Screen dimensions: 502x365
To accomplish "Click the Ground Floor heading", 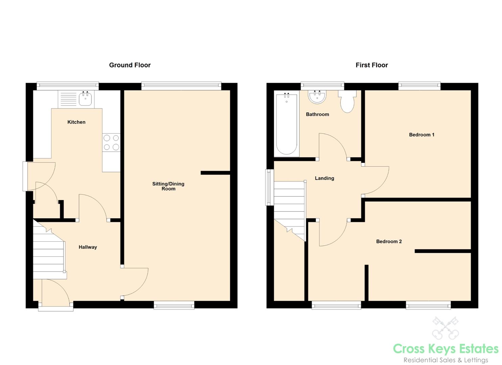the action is point(130,65).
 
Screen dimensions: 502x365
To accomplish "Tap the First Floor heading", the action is point(372,65).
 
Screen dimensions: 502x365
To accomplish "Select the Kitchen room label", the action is point(76,122).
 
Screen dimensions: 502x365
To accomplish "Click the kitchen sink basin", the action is point(85,99).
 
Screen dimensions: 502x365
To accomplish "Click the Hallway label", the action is point(88,247).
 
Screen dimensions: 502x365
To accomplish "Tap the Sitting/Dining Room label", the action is point(168,186).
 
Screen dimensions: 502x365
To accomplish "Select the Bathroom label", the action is point(317,114).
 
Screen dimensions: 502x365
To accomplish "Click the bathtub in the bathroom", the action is point(287,124).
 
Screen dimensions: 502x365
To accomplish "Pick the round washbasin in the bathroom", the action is point(317,97).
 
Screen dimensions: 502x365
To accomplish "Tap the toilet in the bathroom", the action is point(348,101).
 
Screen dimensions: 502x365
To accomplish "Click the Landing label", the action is point(325,178).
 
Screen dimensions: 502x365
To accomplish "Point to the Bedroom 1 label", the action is point(422,135).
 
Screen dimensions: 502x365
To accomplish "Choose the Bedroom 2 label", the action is point(389,241).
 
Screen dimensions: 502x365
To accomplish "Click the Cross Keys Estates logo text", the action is point(446,349).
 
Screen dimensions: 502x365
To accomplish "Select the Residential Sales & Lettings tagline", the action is point(446,360).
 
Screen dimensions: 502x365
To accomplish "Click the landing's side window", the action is point(270,187).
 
